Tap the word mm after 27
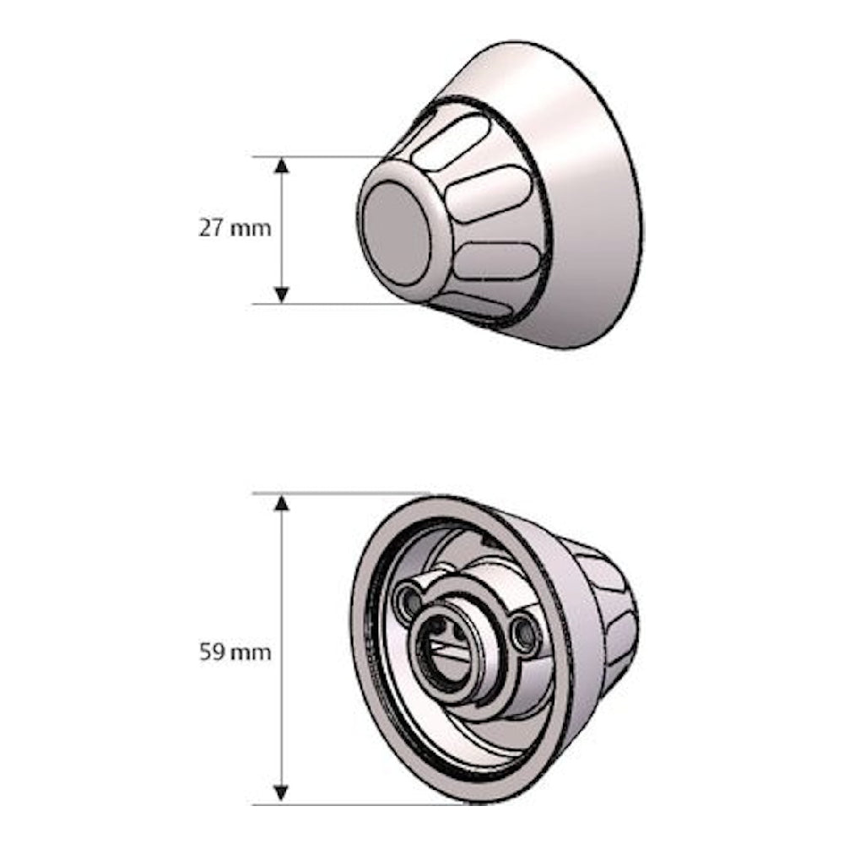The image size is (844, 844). pos(250,229)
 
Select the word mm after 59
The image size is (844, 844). pos(252,653)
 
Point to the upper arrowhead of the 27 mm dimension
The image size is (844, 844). pos(282,165)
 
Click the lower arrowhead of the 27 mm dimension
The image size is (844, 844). pos(282,295)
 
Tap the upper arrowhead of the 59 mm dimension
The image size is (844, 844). pos(282,503)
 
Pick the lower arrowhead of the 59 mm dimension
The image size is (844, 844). pos(282,794)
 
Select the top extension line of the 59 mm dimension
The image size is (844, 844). pos(338,493)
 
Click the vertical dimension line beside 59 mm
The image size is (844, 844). pos(282,574)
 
